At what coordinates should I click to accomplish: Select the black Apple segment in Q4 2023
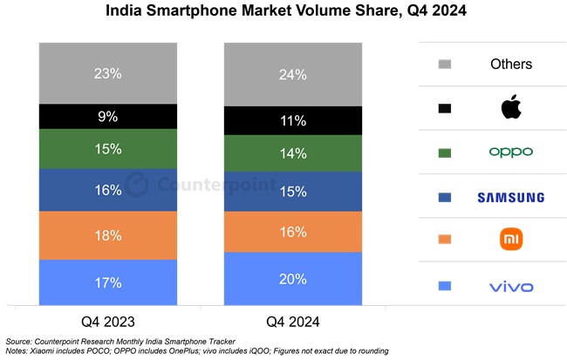tap(108, 116)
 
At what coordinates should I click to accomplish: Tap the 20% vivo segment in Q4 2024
tap(293, 279)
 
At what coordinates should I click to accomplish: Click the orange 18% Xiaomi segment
tap(108, 236)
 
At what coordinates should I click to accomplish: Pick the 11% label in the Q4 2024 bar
tap(293, 121)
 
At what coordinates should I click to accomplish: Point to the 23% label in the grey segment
tap(108, 75)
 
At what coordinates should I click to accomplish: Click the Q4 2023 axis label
tap(108, 322)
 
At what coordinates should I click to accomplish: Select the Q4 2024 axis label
tap(293, 322)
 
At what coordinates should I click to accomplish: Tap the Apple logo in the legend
tap(510, 108)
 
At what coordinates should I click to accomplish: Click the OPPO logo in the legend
tap(510, 153)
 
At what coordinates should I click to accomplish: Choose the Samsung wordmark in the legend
tap(510, 198)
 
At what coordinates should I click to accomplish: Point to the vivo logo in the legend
tap(510, 286)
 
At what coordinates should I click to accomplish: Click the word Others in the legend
tap(510, 64)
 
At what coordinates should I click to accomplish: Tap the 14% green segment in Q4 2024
tap(293, 153)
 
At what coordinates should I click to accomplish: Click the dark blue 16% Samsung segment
tap(108, 191)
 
